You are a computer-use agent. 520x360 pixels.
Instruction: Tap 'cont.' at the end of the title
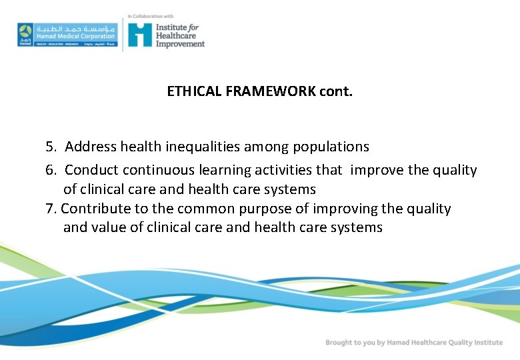click(x=336, y=91)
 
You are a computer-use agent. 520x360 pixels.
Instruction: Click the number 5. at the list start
click(x=52, y=146)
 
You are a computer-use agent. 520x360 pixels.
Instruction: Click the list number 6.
click(x=52, y=170)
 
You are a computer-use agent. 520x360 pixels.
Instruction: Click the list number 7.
click(x=51, y=209)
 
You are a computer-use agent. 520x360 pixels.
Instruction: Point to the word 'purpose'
click(x=266, y=209)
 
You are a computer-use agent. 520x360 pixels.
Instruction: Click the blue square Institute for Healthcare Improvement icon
click(x=140, y=34)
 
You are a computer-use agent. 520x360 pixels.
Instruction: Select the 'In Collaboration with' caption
click(x=151, y=16)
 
